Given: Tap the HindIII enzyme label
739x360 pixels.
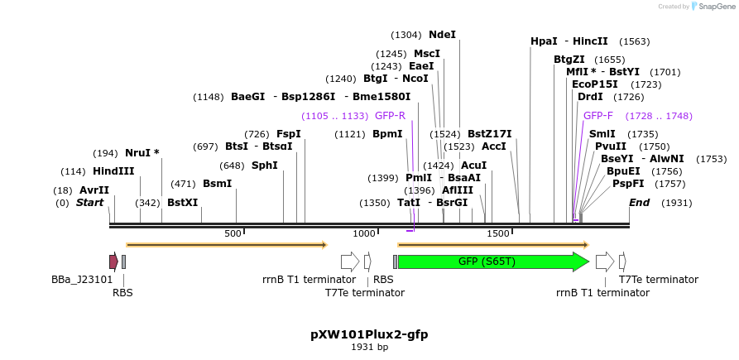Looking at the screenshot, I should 113,171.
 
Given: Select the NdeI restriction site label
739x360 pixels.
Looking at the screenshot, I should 442,35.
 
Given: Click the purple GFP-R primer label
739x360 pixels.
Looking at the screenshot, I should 390,116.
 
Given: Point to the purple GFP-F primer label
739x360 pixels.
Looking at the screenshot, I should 598,116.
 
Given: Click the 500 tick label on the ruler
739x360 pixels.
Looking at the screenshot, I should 233,234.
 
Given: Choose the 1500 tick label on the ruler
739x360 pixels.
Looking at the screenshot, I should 498,234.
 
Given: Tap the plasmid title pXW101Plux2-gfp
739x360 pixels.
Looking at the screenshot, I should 369,334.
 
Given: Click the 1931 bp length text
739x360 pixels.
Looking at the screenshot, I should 369,348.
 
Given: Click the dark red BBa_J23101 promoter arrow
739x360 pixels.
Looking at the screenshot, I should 113,262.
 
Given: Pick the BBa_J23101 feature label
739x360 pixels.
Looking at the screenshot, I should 82,280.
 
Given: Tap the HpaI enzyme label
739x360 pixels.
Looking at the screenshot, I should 544,41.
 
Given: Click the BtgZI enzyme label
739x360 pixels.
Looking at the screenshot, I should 569,60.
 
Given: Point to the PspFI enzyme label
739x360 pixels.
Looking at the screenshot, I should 628,184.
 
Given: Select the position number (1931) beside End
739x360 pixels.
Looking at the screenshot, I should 676,203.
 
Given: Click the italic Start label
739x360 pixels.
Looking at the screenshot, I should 91,203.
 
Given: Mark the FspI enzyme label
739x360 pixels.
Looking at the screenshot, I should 289,134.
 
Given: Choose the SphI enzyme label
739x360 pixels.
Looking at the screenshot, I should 265,166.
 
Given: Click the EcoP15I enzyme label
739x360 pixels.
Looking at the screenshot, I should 595,84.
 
